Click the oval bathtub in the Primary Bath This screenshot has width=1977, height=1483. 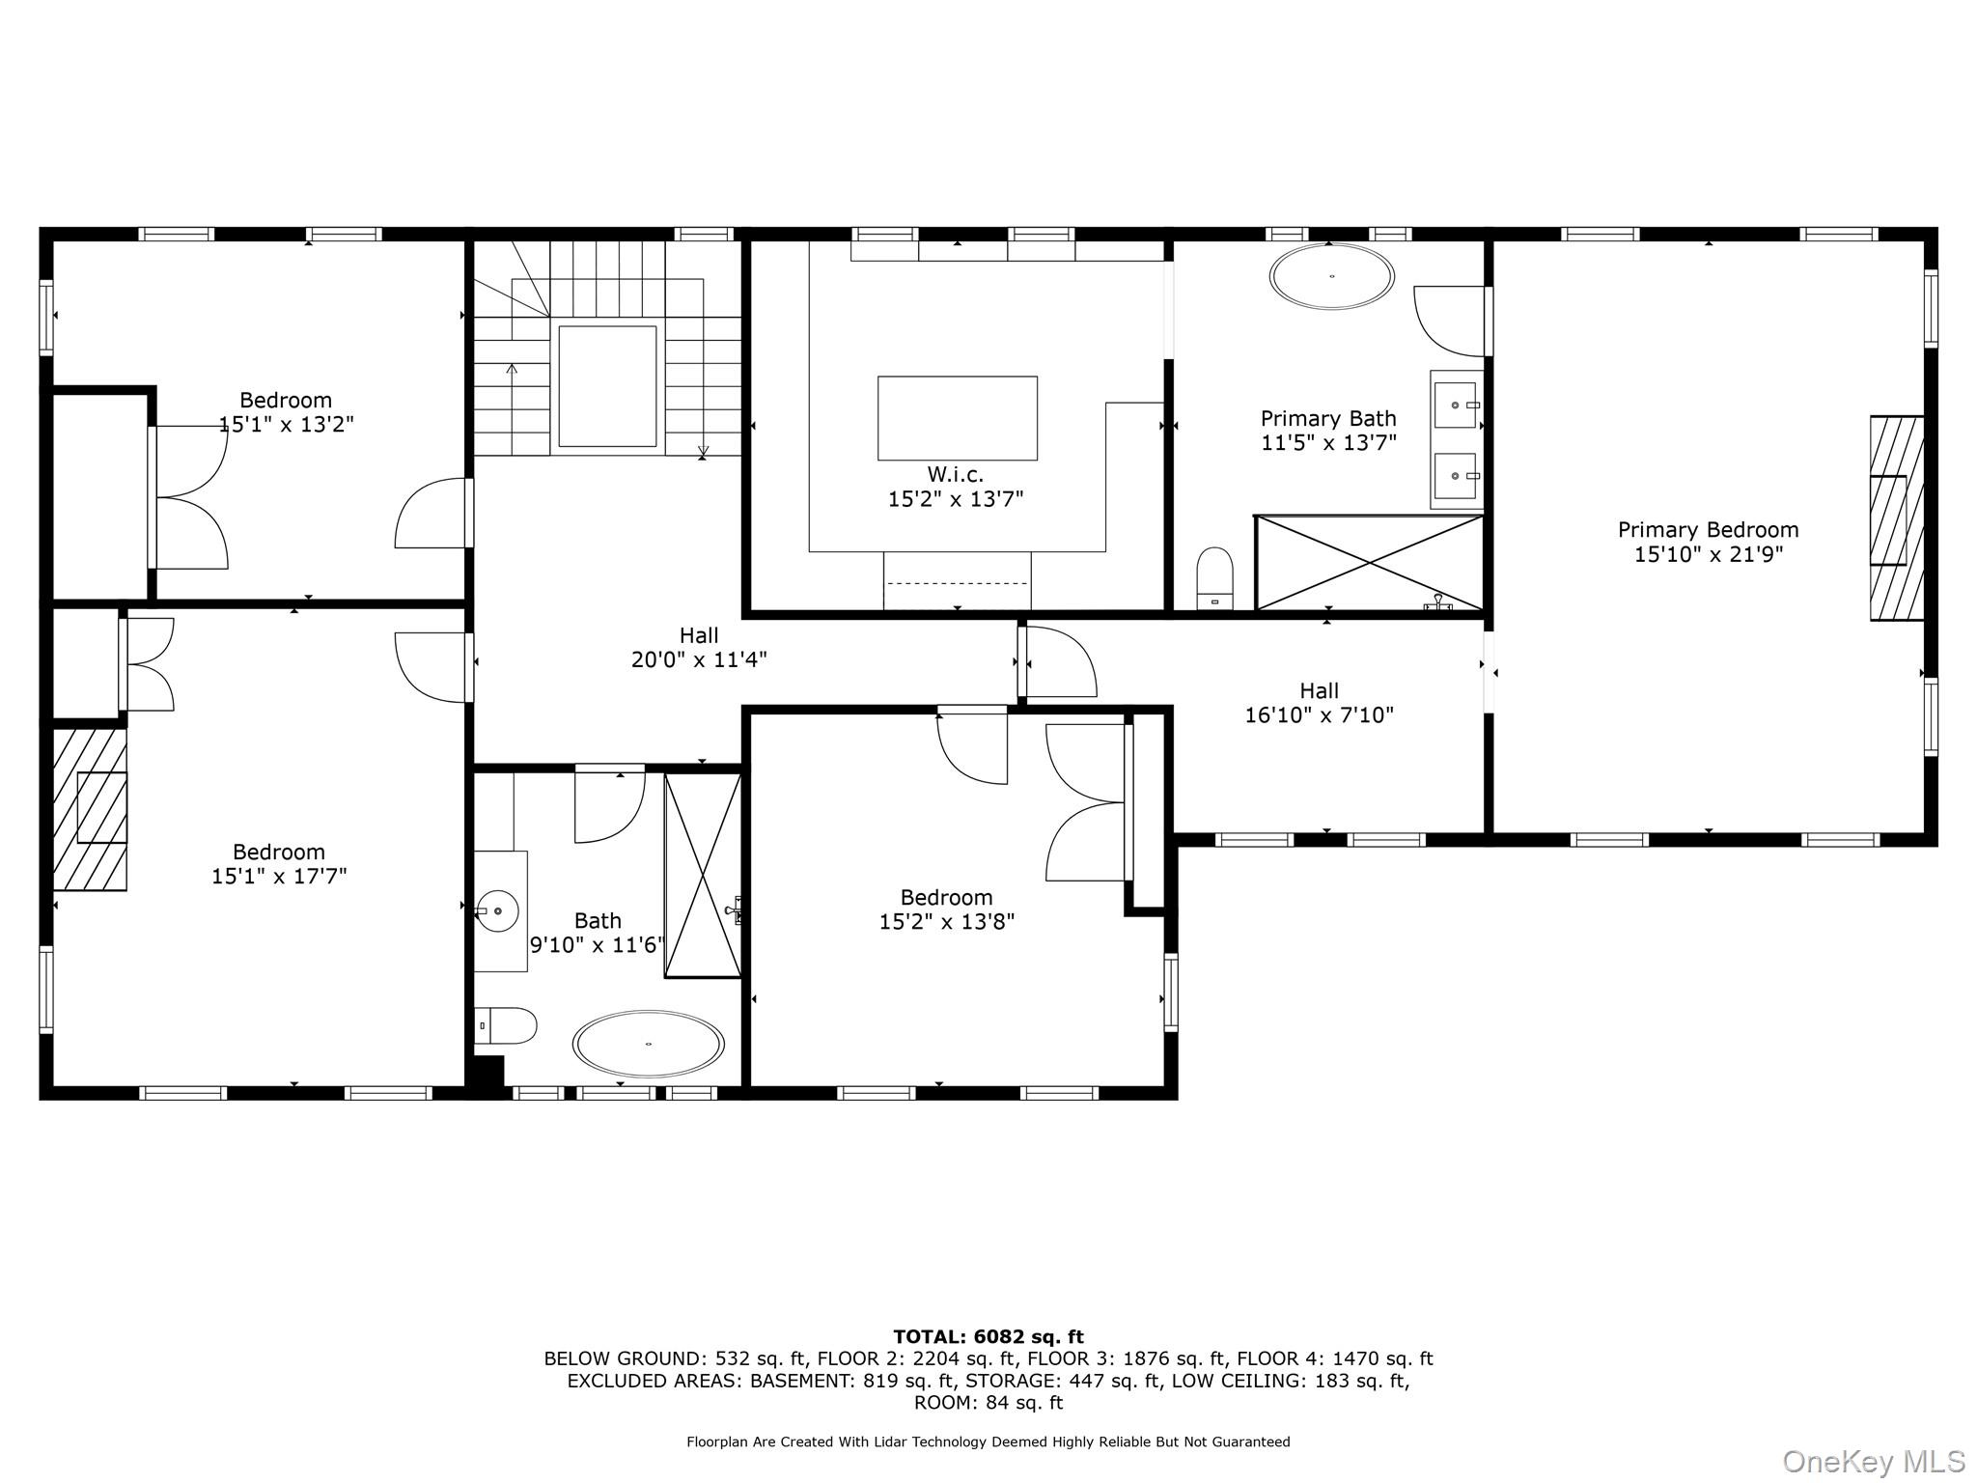click(1331, 277)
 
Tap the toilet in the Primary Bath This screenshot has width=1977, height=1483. click(1214, 577)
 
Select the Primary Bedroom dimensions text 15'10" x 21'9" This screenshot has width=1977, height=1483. click(1708, 554)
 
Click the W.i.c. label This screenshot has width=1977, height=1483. click(955, 474)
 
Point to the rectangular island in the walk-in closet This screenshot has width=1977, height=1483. click(957, 418)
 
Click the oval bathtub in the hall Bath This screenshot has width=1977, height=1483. click(648, 1044)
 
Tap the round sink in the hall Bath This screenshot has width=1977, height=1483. click(498, 910)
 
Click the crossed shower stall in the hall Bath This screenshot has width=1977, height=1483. click(703, 875)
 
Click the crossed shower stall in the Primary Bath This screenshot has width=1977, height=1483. click(1369, 563)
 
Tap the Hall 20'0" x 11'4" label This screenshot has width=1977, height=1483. click(699, 647)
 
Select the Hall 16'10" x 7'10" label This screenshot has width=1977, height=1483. click(1319, 703)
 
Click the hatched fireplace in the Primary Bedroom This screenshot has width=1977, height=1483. click(1896, 518)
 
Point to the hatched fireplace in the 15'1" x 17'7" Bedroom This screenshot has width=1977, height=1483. click(90, 809)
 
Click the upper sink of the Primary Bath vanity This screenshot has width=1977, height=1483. click(1455, 406)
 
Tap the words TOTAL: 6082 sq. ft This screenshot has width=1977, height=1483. click(988, 1336)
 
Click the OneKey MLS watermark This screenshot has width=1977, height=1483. click(1873, 1461)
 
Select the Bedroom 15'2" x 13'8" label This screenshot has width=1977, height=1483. click(946, 909)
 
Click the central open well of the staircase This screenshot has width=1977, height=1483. click(607, 386)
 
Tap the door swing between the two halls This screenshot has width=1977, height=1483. click(1059, 662)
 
